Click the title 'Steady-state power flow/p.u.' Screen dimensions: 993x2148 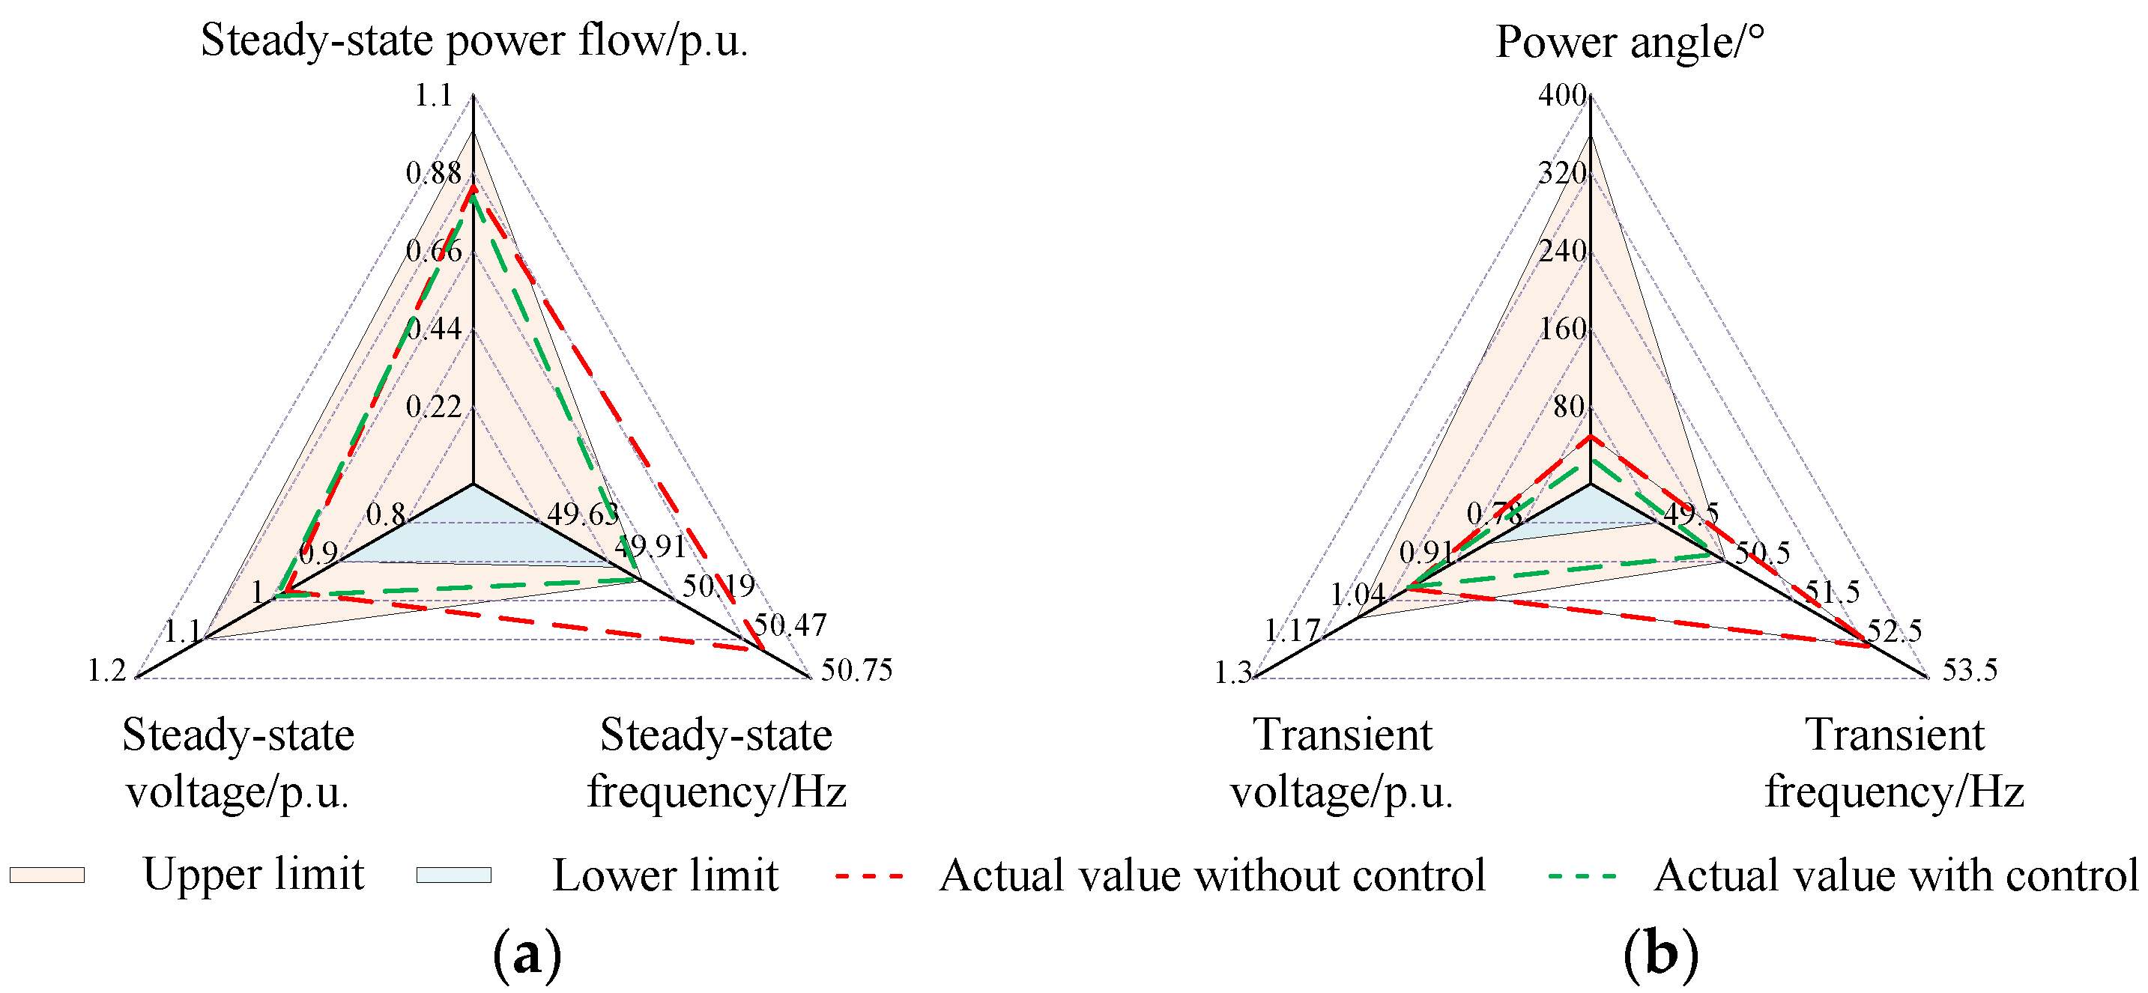pyautogui.click(x=474, y=40)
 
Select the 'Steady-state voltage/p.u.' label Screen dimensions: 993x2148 pyautogui.click(x=238, y=762)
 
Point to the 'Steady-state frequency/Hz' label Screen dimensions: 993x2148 pyautogui.click(x=717, y=762)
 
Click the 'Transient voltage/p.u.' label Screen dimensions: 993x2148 pyautogui.click(x=1342, y=762)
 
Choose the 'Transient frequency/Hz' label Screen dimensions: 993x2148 pyautogui.click(x=1895, y=762)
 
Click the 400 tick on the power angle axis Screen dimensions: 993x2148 pyautogui.click(x=1562, y=95)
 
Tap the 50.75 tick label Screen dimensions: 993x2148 pyautogui.click(x=856, y=669)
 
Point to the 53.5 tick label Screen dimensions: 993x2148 pyautogui.click(x=1970, y=669)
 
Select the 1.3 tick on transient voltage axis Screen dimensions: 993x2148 pyautogui.click(x=1232, y=672)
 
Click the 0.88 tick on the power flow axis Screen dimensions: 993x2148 pyautogui.click(x=434, y=174)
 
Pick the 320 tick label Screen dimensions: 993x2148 pyautogui.click(x=1562, y=174)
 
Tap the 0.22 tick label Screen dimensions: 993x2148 pyautogui.click(x=434, y=407)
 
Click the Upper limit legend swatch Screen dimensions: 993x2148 pyautogui.click(x=46, y=875)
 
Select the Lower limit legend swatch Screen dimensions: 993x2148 pyautogui.click(x=453, y=875)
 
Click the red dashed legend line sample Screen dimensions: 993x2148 pyautogui.click(x=870, y=875)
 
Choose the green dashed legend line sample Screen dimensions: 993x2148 pyautogui.click(x=1582, y=875)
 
